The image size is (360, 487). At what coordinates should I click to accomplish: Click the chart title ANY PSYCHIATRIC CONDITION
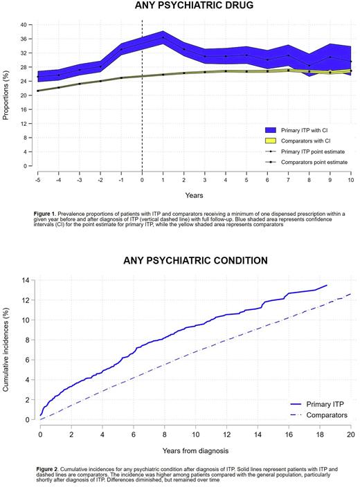[x=186, y=261]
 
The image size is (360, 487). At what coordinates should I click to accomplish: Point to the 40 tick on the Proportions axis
[x=24, y=25]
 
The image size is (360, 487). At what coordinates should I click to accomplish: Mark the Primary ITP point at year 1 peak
[x=163, y=38]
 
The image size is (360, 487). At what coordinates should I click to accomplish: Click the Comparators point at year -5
[x=38, y=91]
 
